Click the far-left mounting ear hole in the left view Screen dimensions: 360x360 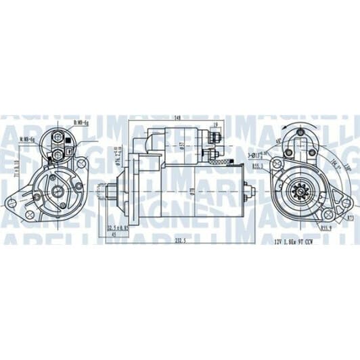(11, 202)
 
